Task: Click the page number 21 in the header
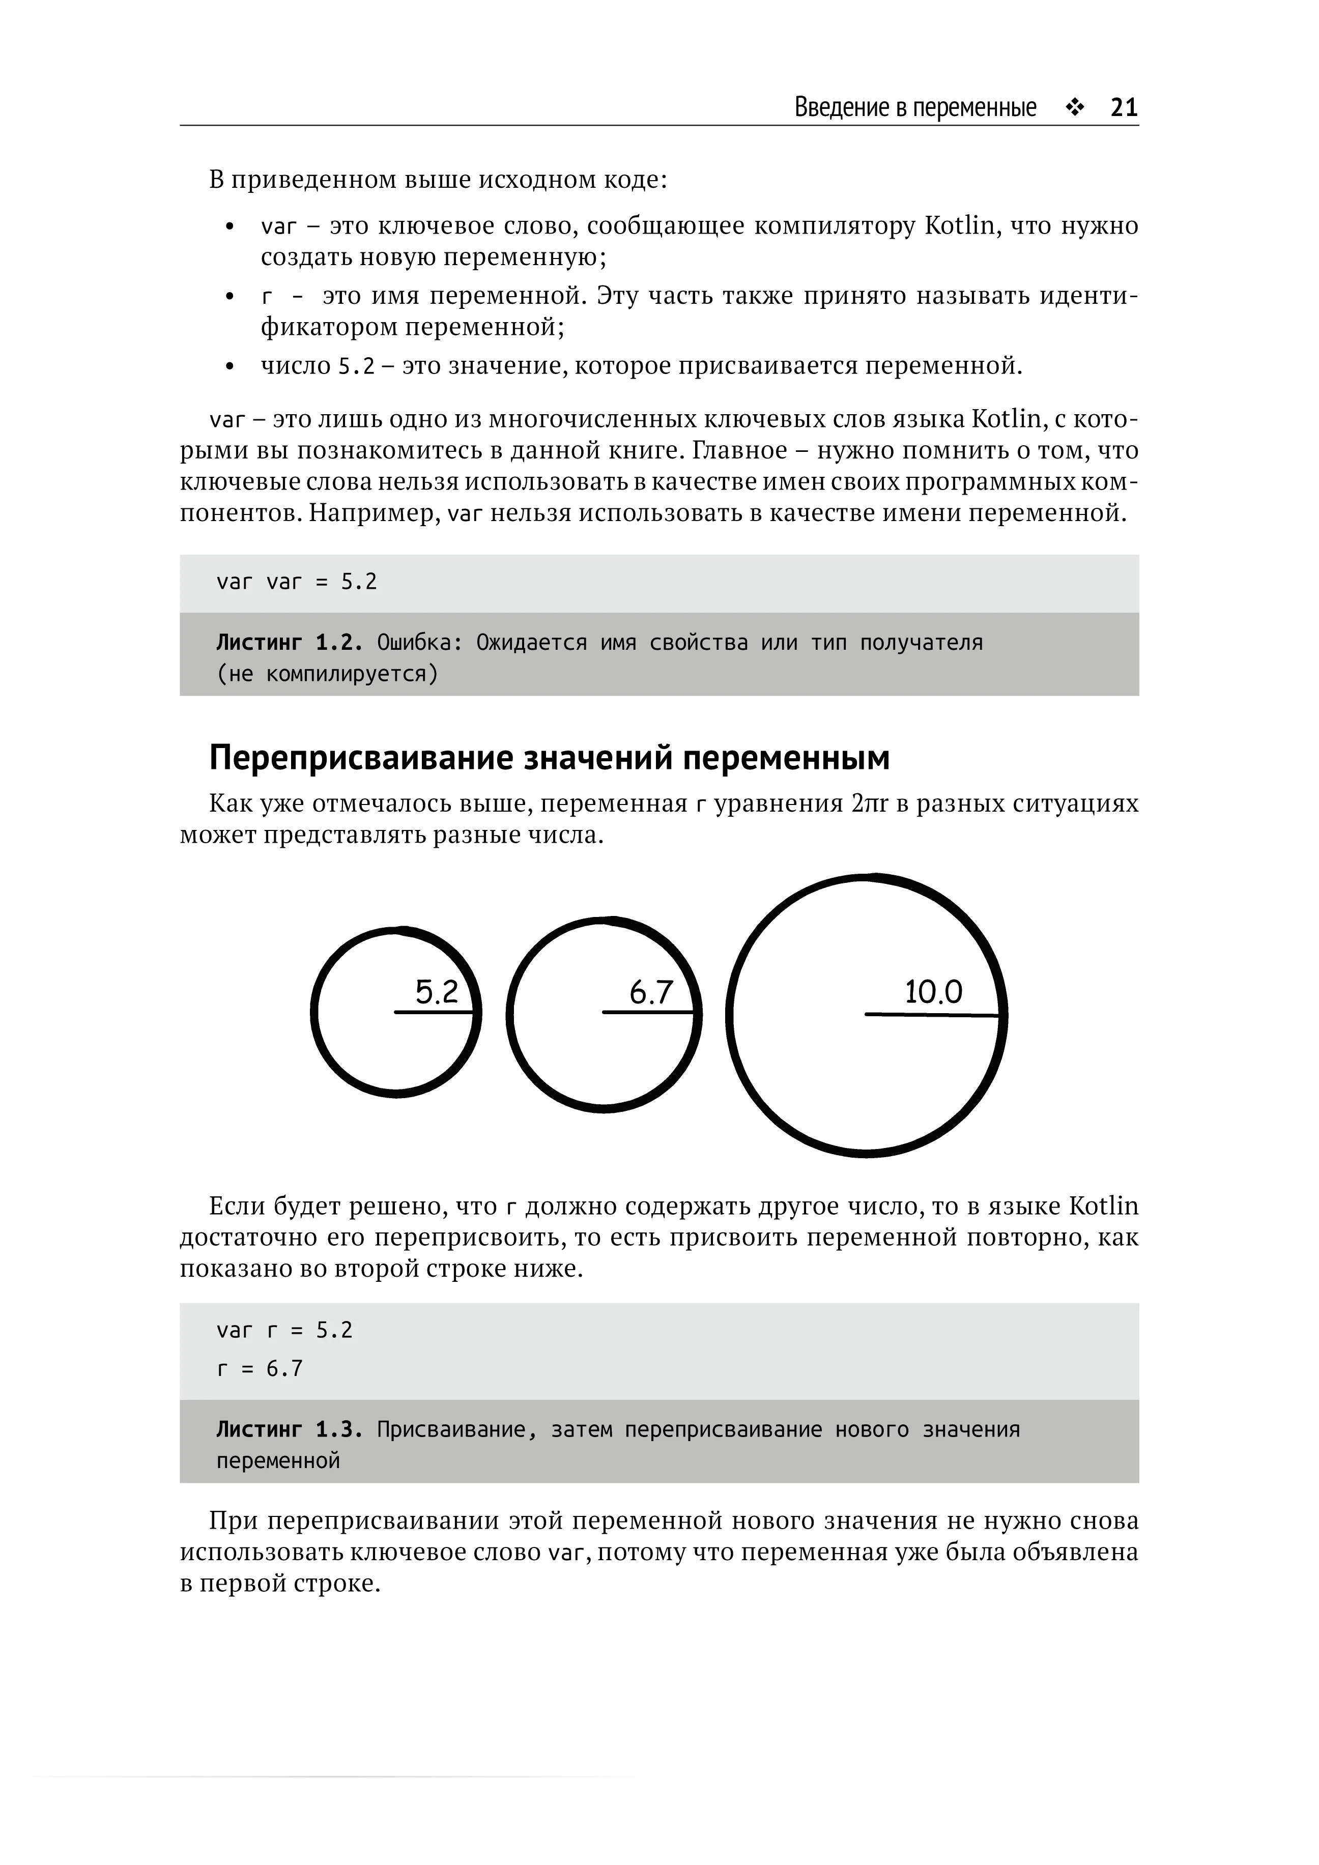pos(1124,107)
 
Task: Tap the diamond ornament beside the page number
pos(1075,108)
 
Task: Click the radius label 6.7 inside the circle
pos(651,992)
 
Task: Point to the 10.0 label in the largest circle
pos(933,992)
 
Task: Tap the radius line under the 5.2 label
pos(435,1012)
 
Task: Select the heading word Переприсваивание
pos(361,758)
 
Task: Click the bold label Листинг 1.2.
pos(289,643)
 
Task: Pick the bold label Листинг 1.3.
pos(289,1429)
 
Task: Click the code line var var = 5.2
pos(297,582)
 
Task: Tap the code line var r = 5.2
pos(284,1330)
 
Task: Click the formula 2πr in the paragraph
pos(871,804)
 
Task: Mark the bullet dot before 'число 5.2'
pos(230,367)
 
